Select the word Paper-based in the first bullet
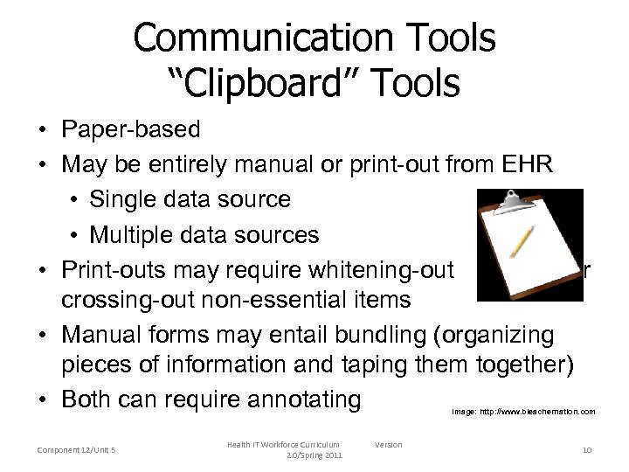click(x=131, y=130)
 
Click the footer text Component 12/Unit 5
click(x=79, y=449)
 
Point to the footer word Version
click(x=388, y=445)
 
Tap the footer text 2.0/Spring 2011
click(x=315, y=456)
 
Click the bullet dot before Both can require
click(x=42, y=400)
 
